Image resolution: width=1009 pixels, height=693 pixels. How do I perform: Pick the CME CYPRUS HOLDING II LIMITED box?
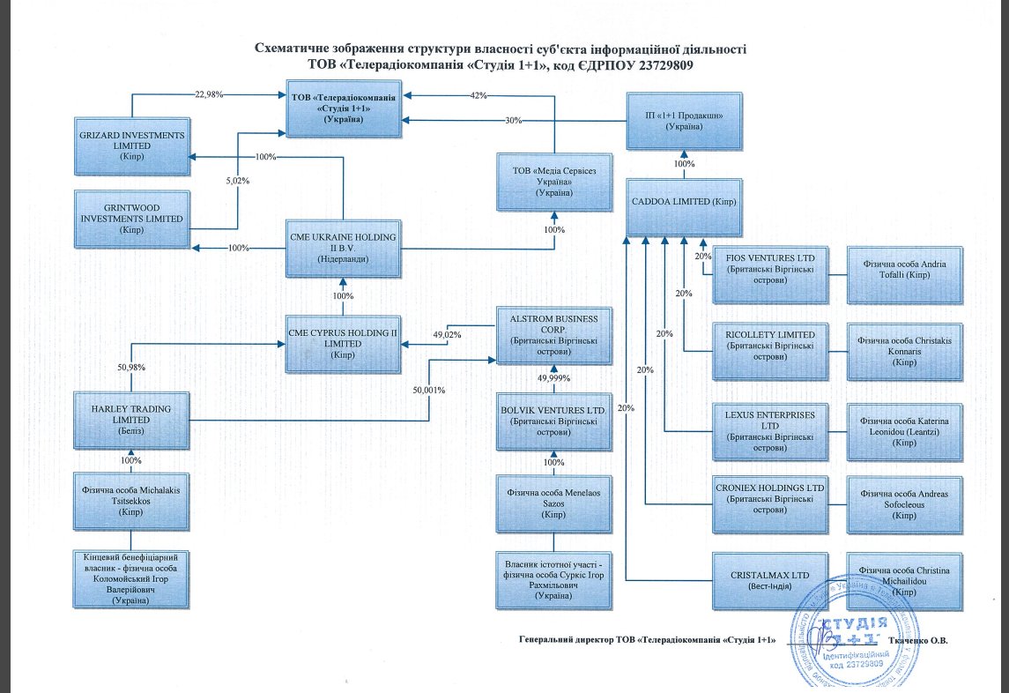343,343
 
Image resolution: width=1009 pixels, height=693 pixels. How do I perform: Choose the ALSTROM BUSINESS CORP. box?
553,336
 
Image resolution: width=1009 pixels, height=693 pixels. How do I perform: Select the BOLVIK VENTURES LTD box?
553,420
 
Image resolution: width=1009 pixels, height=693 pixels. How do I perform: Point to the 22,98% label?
209,93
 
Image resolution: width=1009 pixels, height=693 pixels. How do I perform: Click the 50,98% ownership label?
131,367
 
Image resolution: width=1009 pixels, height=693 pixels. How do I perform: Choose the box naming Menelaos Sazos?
553,503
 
